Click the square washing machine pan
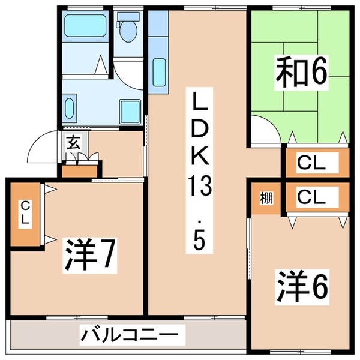[x=130, y=110]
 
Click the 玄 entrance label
[x=73, y=143]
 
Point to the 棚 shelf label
[x=265, y=198]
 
